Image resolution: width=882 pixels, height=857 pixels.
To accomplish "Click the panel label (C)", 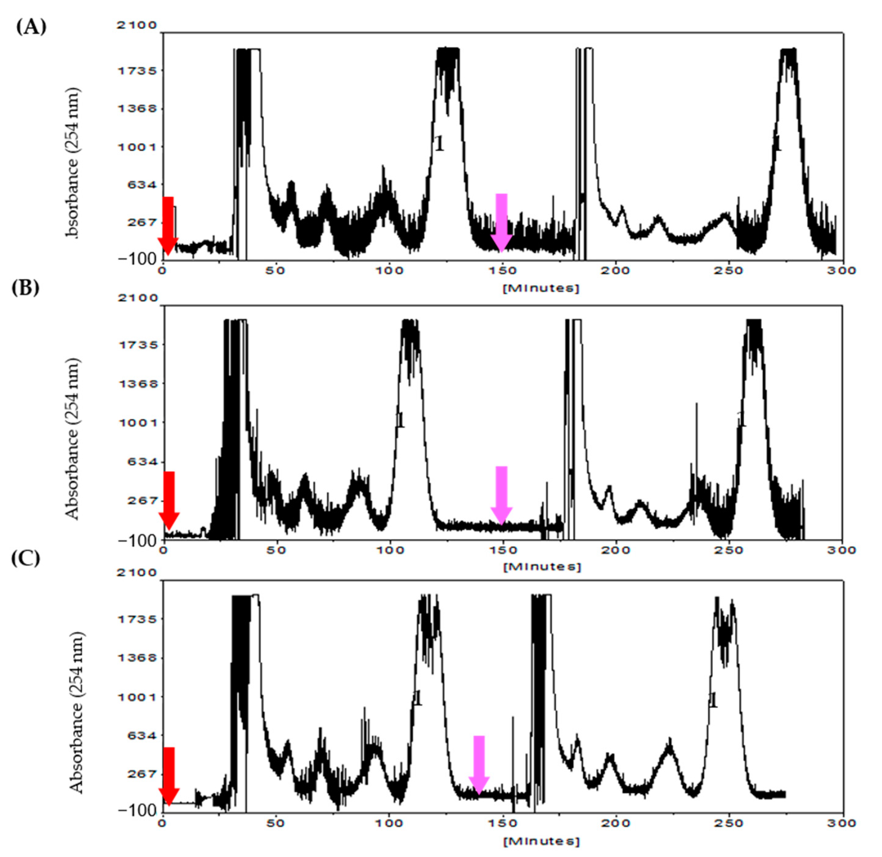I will click(x=26, y=558).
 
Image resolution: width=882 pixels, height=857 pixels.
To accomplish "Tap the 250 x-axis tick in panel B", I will click(x=729, y=550).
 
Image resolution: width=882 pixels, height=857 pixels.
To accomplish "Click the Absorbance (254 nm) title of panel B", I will click(x=72, y=439).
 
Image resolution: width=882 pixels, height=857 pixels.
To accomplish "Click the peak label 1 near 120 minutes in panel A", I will click(x=439, y=144).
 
